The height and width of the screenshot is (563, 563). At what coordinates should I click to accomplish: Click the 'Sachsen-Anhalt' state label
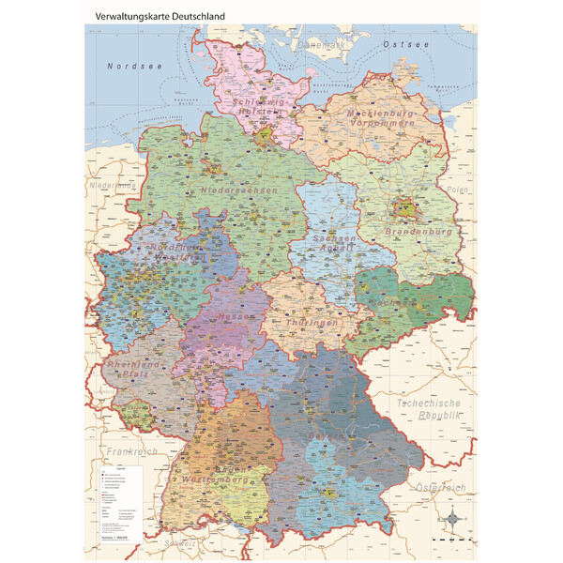[334, 245]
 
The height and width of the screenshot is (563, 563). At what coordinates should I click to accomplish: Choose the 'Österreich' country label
[440, 488]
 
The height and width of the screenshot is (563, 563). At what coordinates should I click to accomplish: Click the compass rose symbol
[454, 519]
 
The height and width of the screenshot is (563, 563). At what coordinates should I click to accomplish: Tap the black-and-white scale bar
[450, 541]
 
